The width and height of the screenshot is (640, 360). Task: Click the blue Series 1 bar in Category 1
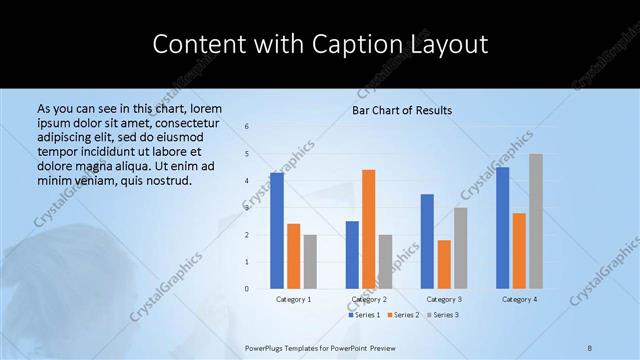[276, 231]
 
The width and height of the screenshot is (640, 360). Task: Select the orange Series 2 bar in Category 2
[368, 229]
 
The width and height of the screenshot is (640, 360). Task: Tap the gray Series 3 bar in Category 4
[536, 221]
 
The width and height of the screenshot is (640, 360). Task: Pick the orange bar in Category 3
[444, 264]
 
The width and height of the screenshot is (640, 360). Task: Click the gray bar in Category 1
[310, 262]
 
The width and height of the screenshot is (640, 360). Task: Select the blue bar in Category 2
[352, 255]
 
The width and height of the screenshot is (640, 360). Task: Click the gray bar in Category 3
[460, 248]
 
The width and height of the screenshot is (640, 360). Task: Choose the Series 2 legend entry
[403, 315]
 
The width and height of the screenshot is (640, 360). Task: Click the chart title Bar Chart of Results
[402, 110]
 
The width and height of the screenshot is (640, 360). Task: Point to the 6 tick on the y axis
[247, 127]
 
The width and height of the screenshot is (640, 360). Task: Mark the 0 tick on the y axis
[247, 289]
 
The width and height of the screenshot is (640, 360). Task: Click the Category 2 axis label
[369, 299]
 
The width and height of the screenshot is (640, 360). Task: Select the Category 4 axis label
[519, 299]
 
